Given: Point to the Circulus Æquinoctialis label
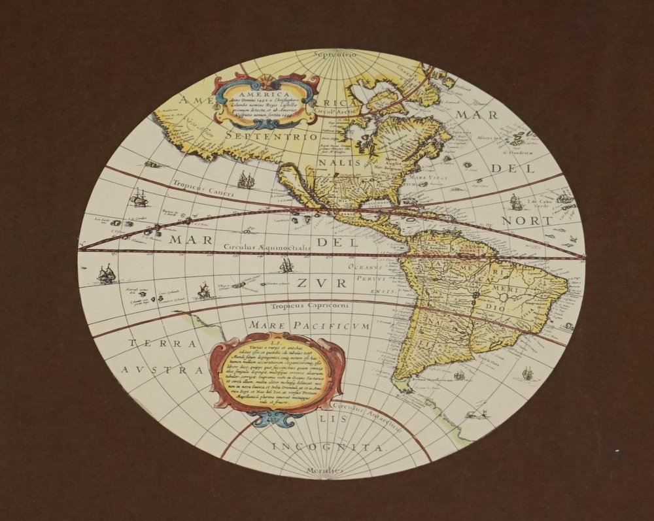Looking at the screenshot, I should pos(265,248).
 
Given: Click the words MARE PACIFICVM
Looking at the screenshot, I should pos(309,325).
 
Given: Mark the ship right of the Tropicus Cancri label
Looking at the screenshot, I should pos(245,180).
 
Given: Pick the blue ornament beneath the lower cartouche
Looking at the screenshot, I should pos(278,418).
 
